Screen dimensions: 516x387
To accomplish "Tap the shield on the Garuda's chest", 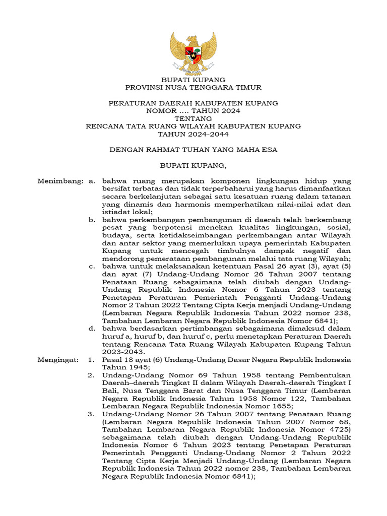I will [x=193, y=52].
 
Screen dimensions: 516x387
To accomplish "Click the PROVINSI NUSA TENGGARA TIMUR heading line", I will [x=193, y=87].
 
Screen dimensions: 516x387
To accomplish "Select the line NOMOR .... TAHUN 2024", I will [x=193, y=110].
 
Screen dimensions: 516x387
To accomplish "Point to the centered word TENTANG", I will [x=193, y=118].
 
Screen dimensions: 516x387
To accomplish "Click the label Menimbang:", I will [x=60, y=180].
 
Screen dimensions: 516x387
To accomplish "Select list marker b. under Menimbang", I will [x=92, y=220].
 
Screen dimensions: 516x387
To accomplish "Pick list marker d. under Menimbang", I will [x=92, y=329].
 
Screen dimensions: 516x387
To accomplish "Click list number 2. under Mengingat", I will [x=91, y=375].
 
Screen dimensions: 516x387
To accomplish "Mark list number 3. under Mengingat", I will [x=91, y=414].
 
